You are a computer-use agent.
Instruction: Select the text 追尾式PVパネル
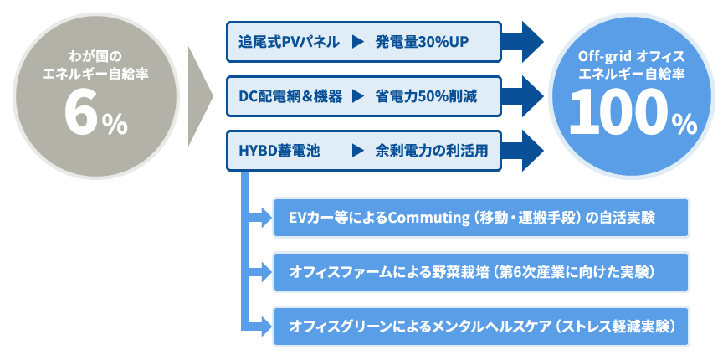click(289, 42)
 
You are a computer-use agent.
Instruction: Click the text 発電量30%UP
click(422, 42)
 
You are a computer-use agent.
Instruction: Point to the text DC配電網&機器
click(290, 96)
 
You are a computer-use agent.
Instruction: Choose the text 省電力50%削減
click(426, 96)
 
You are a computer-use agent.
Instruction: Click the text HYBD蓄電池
click(279, 151)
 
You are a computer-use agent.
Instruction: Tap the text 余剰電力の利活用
click(432, 151)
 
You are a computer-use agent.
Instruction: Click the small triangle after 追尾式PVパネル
click(357, 42)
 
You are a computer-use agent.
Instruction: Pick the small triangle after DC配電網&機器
click(357, 96)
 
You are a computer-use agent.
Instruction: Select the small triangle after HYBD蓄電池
click(357, 151)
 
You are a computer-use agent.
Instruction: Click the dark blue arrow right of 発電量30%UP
click(522, 42)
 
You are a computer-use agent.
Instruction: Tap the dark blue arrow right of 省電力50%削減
click(522, 96)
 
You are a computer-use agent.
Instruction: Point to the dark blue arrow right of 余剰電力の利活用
click(522, 151)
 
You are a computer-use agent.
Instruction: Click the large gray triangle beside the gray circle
click(201, 96)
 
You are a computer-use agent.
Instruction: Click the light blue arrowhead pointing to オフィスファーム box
click(266, 272)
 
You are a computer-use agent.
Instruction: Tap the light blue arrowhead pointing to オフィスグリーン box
click(266, 326)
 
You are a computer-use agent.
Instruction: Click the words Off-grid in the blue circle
click(604, 57)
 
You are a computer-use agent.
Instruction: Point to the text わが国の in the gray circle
click(95, 57)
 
